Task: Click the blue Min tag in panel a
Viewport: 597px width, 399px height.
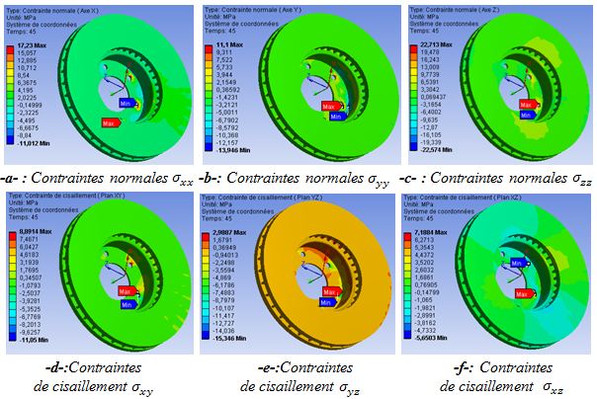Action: coord(126,102)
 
